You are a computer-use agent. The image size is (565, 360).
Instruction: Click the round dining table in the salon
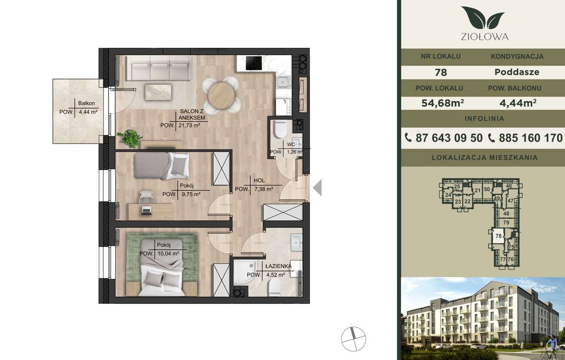pos(221,96)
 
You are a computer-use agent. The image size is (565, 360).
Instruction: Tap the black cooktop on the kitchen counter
pos(254,63)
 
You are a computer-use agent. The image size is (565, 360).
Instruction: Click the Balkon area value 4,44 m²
pos(88,112)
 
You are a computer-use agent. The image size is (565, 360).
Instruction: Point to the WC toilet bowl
pos(280,129)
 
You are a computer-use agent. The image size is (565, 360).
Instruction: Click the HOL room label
pos(259,181)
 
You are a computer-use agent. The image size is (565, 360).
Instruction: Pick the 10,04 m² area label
pos(168,254)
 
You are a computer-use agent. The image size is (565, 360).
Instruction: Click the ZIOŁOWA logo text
pos(484,37)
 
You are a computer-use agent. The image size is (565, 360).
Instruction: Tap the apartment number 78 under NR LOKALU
pos(441,73)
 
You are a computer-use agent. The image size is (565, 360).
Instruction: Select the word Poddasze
pos(517,72)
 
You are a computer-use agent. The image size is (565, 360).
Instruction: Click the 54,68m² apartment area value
pos(443,103)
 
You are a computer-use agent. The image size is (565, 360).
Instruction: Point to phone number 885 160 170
pos(531,138)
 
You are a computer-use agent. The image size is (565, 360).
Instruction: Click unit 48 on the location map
pos(506,213)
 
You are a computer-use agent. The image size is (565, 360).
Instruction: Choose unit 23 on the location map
pos(458,201)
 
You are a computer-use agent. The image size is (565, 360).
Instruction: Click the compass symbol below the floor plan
pos(353,339)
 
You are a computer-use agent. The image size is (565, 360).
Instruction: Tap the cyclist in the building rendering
pos(551,348)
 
